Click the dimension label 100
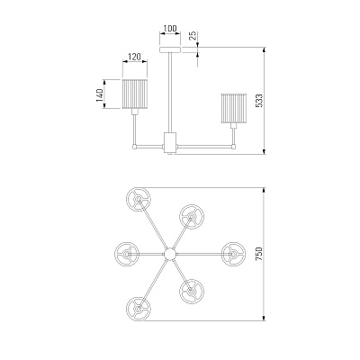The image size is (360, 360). pos(170,29)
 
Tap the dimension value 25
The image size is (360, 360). pos(193,35)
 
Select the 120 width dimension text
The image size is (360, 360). pos(134,57)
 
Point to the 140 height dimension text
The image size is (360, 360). pos(100,94)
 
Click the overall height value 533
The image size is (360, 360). pos(259,101)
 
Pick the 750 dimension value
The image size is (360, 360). pos(259,254)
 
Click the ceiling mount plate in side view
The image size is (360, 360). pos(170,49)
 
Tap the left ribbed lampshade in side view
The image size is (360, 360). pos(135,94)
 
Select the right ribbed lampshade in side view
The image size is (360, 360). pos(234,108)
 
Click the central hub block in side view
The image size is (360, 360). pos(170,142)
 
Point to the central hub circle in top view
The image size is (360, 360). pos(170,254)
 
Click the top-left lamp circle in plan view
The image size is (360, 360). pos(139,200)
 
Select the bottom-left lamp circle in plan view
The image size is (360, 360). pos(139,309)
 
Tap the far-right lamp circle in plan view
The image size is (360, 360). pos(234,254)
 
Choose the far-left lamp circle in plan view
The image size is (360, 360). pos(127,254)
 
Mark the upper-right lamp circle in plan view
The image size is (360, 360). pos(192,217)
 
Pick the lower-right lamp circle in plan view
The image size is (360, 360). pos(192,291)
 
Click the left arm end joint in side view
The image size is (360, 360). pos(135,147)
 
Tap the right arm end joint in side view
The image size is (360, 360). pos(234,147)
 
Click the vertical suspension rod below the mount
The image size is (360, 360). pos(170,93)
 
